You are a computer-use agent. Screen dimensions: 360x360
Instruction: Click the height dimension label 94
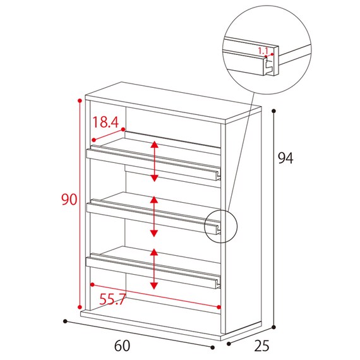[x=285, y=158]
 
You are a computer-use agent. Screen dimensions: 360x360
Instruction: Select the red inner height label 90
[x=69, y=200]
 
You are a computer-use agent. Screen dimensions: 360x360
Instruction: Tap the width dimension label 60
[x=122, y=345]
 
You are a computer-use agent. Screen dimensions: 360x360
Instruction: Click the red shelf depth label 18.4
[x=105, y=122]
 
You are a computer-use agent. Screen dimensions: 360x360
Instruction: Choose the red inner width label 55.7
[x=112, y=299]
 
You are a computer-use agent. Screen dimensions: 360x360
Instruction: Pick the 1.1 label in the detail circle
[x=263, y=51]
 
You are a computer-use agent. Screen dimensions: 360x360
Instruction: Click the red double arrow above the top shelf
[x=155, y=162]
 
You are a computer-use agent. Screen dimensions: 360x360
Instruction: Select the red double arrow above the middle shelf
[x=154, y=217]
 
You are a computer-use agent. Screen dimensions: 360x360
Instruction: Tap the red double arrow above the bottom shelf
[x=154, y=269]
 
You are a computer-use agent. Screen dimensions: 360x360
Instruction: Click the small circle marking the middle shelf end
[x=220, y=226]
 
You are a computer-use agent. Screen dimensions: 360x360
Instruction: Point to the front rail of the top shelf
[x=152, y=165]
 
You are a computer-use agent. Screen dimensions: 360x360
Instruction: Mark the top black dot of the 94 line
[x=273, y=111]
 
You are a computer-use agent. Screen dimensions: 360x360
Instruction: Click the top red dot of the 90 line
[x=80, y=100]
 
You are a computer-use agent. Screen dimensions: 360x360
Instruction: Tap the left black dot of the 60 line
[x=65, y=321]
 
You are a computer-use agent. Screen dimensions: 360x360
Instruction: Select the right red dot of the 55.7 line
[x=219, y=307]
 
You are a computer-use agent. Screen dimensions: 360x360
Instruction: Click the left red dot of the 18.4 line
[x=93, y=140]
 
